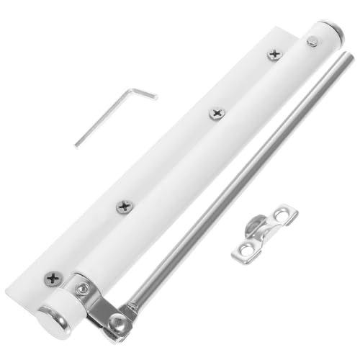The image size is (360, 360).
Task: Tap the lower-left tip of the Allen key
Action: [76, 145]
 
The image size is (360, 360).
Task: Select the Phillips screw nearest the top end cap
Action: [274, 54]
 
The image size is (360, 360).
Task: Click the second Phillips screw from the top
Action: [217, 113]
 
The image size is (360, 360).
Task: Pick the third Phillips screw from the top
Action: [125, 207]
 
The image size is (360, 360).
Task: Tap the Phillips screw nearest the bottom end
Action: [52, 279]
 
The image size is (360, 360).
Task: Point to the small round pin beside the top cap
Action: [312, 42]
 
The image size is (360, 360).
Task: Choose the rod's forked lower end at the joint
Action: [130, 311]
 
